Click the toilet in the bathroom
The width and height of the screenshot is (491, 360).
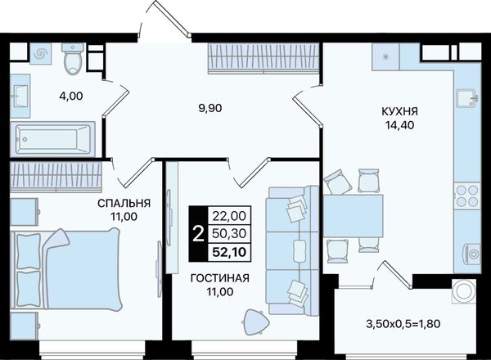(x=73, y=59)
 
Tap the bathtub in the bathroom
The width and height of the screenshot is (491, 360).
(x=52, y=139)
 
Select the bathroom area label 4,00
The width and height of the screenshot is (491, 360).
(x=71, y=96)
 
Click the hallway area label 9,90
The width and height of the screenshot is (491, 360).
(x=210, y=108)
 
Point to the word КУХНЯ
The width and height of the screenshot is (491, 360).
(x=399, y=111)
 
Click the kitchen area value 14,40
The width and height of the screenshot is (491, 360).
(x=399, y=125)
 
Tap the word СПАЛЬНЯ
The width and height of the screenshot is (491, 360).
(x=124, y=204)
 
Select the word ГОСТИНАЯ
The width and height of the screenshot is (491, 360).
(x=220, y=278)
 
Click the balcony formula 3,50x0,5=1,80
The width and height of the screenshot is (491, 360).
(x=403, y=324)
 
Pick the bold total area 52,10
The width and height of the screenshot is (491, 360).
(x=229, y=252)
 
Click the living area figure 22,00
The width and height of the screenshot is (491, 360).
(x=229, y=216)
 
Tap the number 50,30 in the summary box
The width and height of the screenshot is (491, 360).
(x=229, y=233)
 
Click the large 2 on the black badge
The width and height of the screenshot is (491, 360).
(x=198, y=234)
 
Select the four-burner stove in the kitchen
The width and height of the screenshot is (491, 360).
(x=467, y=196)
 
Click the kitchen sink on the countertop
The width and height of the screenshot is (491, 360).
(x=467, y=97)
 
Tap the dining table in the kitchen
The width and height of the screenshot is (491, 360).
(x=353, y=216)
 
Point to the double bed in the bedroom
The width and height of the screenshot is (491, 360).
(x=65, y=270)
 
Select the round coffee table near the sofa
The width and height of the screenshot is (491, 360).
(x=255, y=322)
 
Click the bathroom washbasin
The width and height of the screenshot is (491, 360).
(x=20, y=96)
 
